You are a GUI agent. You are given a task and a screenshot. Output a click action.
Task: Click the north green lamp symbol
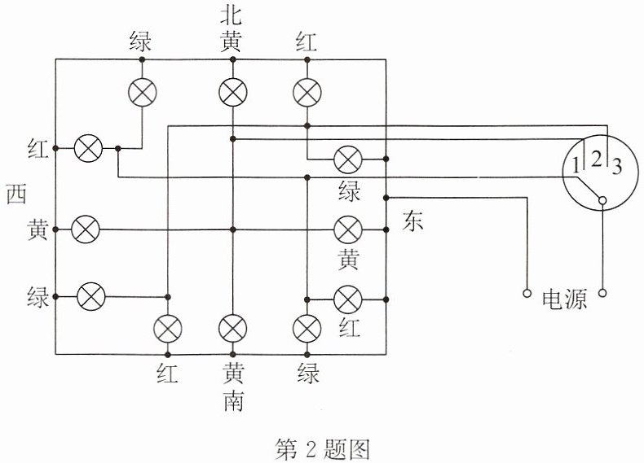coord(143,93)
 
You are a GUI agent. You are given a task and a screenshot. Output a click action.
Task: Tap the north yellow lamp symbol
coord(233,93)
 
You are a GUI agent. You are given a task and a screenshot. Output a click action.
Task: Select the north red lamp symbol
coord(307,93)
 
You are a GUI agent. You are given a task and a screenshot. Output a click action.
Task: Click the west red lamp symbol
coord(88,148)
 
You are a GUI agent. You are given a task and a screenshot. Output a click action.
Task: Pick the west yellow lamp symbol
coord(86,229)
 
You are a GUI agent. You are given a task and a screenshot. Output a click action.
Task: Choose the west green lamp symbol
coord(91,296)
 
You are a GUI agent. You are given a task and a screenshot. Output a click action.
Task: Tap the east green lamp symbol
coord(348,160)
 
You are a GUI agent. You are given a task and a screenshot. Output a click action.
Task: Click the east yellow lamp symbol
coord(348,229)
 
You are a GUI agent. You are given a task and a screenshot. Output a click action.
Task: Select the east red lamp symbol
coord(348,299)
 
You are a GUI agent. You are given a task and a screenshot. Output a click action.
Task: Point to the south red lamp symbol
coord(168,329)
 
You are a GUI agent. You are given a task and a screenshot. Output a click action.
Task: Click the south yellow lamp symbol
coord(233,329)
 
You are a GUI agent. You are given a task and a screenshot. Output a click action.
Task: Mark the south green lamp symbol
coord(307,329)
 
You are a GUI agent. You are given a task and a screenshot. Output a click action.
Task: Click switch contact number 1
coord(576,166)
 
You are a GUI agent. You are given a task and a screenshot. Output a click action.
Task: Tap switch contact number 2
coord(597,159)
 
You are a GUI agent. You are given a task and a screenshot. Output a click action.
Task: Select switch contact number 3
coord(617,167)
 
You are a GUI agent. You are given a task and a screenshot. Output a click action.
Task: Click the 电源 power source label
coord(564,299)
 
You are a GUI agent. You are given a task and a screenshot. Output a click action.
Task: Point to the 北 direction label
coord(231,15)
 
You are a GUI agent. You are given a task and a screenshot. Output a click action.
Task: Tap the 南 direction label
coord(233,401)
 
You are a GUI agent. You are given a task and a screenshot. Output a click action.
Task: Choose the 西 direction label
coord(17,194)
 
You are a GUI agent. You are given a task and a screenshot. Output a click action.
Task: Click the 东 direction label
coord(412,221)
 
